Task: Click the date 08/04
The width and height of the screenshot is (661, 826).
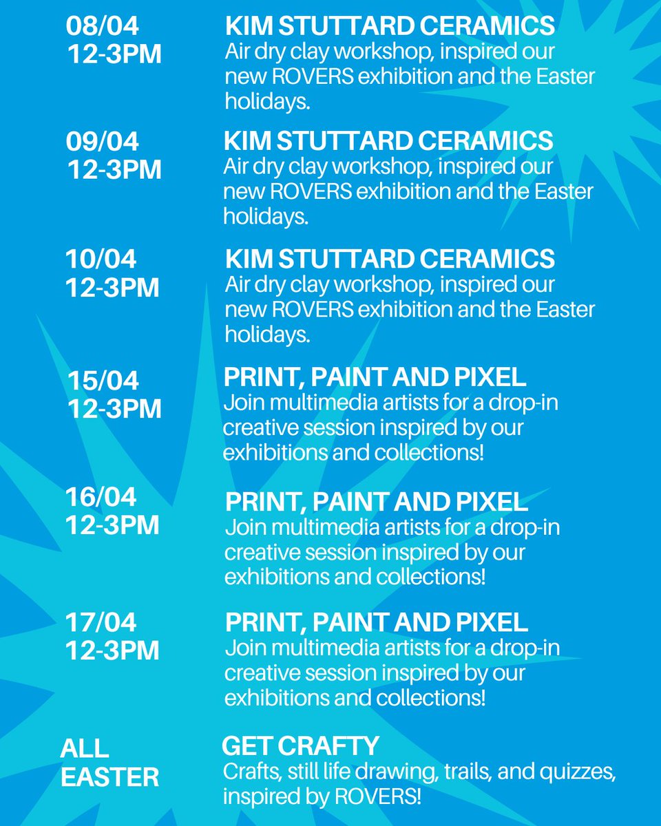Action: click(x=103, y=27)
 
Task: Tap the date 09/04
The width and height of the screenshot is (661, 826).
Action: click(x=103, y=142)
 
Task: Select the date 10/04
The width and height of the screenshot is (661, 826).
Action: click(x=101, y=260)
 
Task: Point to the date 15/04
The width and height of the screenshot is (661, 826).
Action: click(x=103, y=380)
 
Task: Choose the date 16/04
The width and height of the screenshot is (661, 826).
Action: click(x=101, y=496)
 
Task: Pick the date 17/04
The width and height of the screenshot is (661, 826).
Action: click(x=101, y=622)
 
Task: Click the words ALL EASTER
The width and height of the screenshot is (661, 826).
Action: click(x=109, y=763)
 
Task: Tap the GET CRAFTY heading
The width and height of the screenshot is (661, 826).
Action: click(x=301, y=745)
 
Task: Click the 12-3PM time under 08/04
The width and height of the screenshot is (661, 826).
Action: click(x=114, y=54)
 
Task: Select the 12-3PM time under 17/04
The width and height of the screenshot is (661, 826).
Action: click(x=112, y=650)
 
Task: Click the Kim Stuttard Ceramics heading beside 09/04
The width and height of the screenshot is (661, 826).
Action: click(x=388, y=141)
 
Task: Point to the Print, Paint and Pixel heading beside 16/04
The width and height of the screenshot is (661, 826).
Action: click(x=376, y=502)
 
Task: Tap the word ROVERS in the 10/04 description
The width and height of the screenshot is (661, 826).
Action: click(x=313, y=310)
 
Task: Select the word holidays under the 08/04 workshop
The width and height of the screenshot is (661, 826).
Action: click(x=267, y=102)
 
